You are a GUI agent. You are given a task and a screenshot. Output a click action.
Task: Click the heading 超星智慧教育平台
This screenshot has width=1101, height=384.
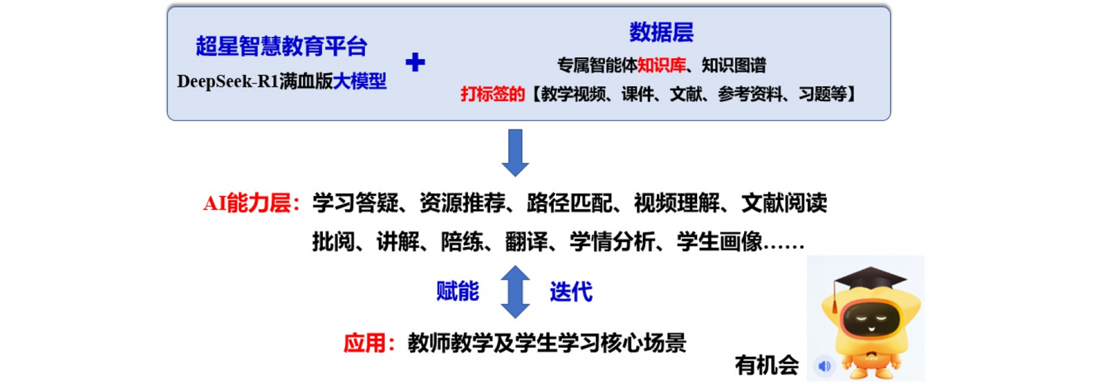(281, 46)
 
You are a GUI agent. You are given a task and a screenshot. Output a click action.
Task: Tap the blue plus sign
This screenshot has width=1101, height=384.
(415, 62)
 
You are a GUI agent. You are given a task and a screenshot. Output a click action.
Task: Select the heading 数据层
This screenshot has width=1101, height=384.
(661, 32)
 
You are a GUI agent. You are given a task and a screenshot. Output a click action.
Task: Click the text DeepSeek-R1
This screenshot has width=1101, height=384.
(227, 81)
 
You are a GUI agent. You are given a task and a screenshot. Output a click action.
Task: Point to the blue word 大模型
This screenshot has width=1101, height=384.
(360, 81)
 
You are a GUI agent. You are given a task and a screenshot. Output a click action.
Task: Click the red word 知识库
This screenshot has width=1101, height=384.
(661, 65)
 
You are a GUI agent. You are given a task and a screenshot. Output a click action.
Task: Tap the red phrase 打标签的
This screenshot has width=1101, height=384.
(492, 94)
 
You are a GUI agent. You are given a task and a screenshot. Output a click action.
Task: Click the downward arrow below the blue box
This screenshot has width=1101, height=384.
(515, 152)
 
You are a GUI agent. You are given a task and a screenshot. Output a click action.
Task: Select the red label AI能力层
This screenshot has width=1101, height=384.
(251, 203)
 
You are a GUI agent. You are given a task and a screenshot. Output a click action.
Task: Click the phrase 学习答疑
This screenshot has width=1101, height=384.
(355, 203)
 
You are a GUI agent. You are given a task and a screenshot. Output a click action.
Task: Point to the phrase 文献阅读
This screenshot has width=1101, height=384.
(784, 203)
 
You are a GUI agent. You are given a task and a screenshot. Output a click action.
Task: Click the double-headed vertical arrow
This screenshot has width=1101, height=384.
(515, 292)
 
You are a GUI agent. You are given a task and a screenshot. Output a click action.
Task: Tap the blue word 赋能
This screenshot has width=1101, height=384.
(457, 292)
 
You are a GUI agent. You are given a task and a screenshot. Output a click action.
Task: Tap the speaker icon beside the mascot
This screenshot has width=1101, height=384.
(824, 366)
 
